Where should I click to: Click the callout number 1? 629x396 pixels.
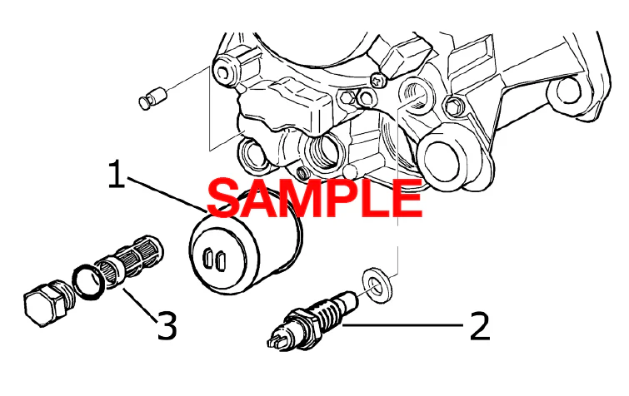(x=117, y=174)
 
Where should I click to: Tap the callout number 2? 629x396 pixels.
(x=480, y=326)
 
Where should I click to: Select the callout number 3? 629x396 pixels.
(x=167, y=326)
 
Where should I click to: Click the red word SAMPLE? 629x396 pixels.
(x=315, y=198)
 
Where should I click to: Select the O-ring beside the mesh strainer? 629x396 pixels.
(x=88, y=282)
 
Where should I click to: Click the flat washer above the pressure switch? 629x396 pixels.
(x=377, y=285)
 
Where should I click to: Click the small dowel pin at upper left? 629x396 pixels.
(x=152, y=97)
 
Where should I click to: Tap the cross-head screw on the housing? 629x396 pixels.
(x=377, y=81)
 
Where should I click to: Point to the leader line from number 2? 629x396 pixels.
(x=402, y=325)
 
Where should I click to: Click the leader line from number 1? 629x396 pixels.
(x=167, y=195)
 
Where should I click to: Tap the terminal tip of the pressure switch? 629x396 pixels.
(x=277, y=341)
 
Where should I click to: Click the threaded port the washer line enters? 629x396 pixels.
(x=416, y=97)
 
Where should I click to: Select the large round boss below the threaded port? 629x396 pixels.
(x=442, y=158)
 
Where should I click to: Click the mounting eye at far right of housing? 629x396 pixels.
(x=566, y=92)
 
